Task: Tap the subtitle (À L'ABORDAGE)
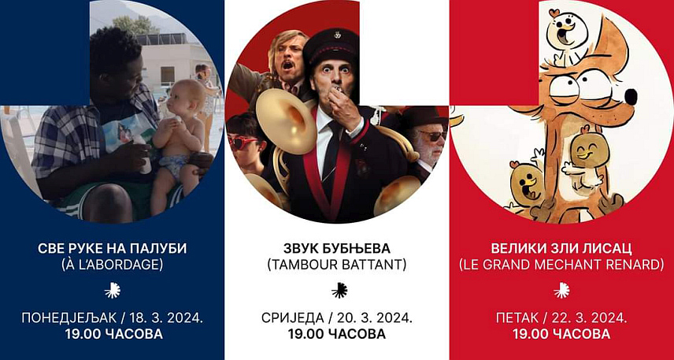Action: (112, 265)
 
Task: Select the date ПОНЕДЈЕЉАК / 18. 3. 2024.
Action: (112, 317)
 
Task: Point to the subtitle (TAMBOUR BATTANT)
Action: (336, 265)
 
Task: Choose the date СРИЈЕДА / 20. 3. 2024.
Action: (336, 317)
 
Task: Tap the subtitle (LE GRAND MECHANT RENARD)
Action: (561, 265)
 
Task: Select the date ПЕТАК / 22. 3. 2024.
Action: (561, 317)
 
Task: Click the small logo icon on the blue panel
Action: (112, 290)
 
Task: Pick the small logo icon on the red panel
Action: (561, 290)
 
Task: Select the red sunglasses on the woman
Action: (243, 142)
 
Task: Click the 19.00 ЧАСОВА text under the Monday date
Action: (112, 333)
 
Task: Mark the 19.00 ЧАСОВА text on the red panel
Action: (561, 333)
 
